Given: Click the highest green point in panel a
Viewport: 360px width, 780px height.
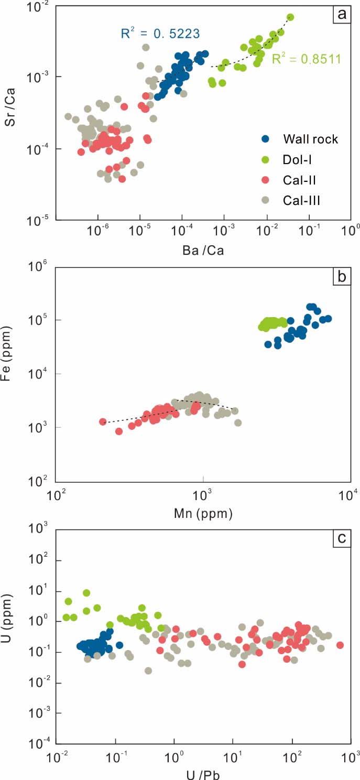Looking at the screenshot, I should point(290,17).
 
